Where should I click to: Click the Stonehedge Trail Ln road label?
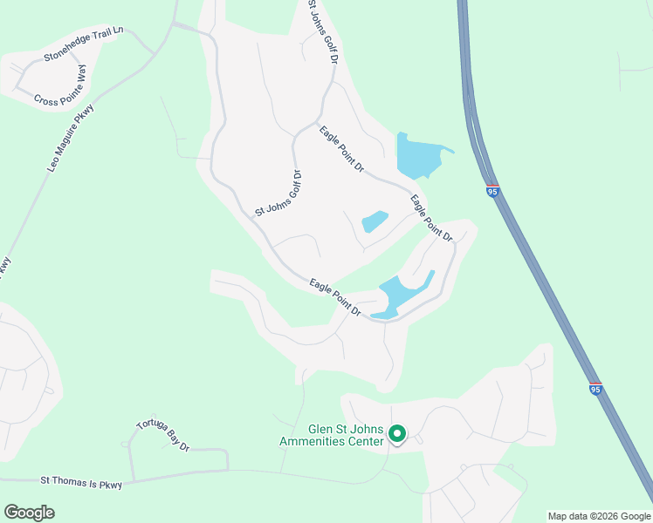tap(84, 44)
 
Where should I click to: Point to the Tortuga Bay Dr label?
tap(163, 436)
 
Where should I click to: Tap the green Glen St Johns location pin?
tap(397, 433)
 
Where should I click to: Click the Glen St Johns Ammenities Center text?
tap(332, 435)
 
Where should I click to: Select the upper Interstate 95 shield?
tap(492, 191)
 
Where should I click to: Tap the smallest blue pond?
tap(375, 221)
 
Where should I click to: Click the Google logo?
tap(29, 513)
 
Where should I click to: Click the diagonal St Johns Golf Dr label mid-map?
tap(278, 193)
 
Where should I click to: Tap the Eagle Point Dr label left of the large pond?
tap(341, 148)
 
